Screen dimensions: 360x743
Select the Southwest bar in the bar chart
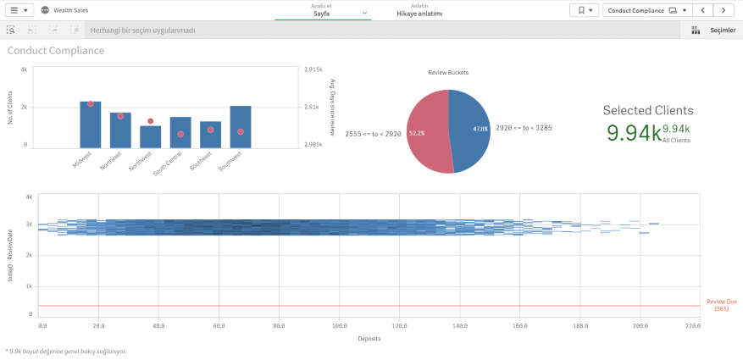[x=240, y=127]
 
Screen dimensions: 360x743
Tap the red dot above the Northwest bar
[x=150, y=121]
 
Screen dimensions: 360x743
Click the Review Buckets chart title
[x=448, y=72]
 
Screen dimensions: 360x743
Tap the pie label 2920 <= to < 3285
[x=524, y=127]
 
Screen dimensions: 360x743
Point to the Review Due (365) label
[x=721, y=305]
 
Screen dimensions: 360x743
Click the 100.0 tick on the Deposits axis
[x=340, y=325]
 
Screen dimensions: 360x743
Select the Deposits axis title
[x=368, y=339]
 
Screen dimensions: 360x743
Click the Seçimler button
[x=713, y=30]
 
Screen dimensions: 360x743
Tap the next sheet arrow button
[x=723, y=10]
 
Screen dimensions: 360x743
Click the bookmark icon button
[x=585, y=10]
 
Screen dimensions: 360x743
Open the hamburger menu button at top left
[x=19, y=10]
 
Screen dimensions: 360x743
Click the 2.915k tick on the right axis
[x=313, y=69]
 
